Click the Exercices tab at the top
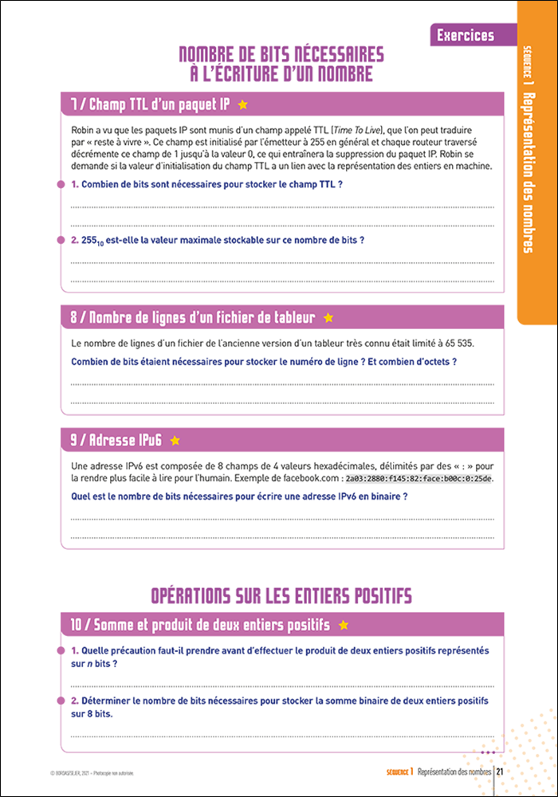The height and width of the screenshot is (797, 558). coord(466,35)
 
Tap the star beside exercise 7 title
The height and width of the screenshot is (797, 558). coord(243,104)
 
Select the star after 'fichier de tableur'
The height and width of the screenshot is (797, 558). coord(328,318)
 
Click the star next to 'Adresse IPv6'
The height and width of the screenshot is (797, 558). coord(175,440)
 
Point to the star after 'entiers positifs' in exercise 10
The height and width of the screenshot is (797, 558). coord(344,624)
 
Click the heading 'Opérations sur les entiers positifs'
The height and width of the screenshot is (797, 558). coord(281,595)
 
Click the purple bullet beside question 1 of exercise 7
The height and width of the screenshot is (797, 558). coord(61,184)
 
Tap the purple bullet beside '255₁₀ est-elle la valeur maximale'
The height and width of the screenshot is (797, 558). coord(61,239)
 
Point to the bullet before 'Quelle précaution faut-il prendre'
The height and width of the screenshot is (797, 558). coord(61,650)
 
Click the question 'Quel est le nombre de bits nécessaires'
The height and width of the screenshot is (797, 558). coord(239,497)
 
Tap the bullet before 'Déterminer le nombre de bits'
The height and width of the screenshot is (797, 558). coord(61,701)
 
